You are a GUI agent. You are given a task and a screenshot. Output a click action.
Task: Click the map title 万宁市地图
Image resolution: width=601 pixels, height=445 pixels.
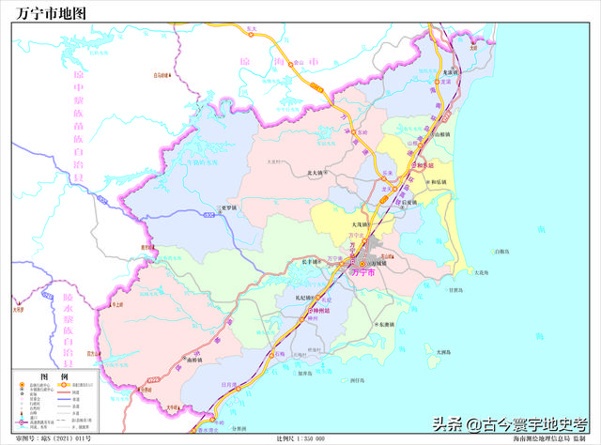point(51,13)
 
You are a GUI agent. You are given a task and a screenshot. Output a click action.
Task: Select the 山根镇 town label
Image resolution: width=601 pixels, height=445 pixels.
point(441,135)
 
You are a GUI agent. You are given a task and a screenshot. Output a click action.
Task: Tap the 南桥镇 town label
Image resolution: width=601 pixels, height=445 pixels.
point(194,359)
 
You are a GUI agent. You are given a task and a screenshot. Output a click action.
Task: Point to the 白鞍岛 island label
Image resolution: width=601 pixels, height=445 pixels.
point(501,251)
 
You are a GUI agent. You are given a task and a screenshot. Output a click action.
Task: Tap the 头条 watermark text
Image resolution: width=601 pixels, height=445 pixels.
point(450,424)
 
